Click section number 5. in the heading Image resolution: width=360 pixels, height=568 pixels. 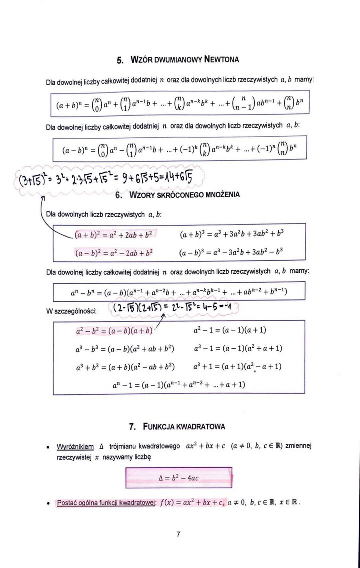point(120,60)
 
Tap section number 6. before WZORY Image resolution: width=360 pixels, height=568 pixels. point(120,194)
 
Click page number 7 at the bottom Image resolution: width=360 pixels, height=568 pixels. point(178,534)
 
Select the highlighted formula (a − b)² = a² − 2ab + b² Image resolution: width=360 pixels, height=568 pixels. point(114,253)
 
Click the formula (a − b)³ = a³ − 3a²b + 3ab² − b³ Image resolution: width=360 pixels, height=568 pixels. point(232,253)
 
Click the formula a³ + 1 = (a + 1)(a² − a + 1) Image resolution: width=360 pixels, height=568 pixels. point(237,367)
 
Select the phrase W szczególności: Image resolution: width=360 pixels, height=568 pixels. point(71,311)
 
